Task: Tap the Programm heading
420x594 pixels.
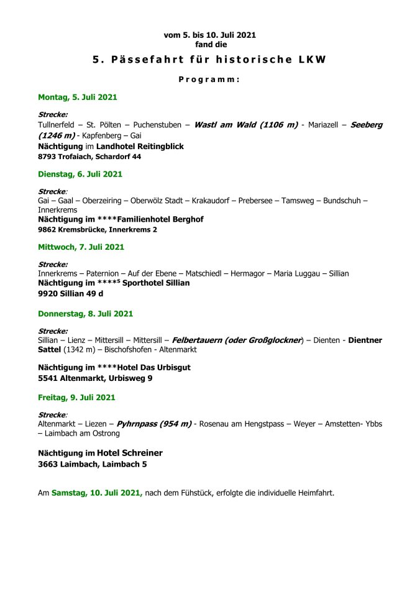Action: pos(209,80)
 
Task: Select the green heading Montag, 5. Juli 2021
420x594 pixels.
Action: pos(78,98)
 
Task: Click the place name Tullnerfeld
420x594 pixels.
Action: pos(58,125)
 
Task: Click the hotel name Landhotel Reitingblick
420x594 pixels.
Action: pos(140,147)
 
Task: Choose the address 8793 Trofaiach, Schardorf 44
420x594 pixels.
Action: pos(89,157)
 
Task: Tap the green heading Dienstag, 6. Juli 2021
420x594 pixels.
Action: pos(80,174)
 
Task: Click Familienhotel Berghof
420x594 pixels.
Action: pos(162,219)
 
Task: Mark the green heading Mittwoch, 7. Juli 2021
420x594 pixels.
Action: pos(81,247)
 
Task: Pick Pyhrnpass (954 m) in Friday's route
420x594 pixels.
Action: pos(154,424)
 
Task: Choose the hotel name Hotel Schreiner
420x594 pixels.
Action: pos(130,453)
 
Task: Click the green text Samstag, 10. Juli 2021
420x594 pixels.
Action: pos(97,493)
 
